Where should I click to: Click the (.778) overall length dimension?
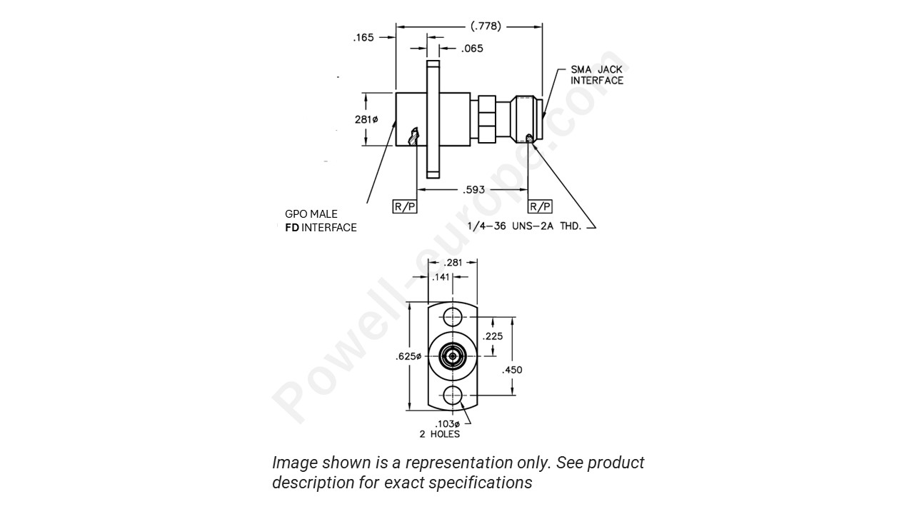coord(486,26)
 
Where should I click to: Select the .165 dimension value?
coord(364,38)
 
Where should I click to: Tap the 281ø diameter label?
coord(366,119)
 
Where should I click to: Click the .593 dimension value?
coord(473,190)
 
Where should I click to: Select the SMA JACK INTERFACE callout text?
coord(596,75)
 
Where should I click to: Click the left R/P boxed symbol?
coord(404,207)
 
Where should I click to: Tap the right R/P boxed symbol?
coord(540,207)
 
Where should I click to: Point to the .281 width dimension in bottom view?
coord(453,263)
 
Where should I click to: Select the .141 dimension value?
coord(441,277)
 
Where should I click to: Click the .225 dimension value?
coord(493,336)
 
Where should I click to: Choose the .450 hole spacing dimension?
coord(512,370)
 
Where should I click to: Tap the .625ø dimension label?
coord(408,356)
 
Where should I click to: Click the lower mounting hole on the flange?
coord(452,394)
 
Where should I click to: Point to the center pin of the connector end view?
coord(452,356)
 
